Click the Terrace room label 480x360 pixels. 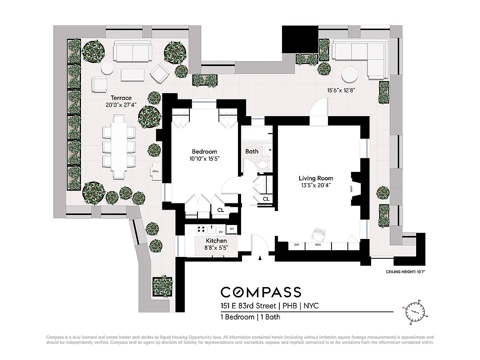click(x=121, y=98)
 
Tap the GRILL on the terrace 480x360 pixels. click(x=155, y=171)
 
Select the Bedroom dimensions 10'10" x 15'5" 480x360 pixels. click(x=204, y=159)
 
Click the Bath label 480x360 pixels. click(x=251, y=151)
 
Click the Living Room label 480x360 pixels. click(x=316, y=178)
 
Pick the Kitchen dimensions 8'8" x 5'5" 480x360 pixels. click(x=216, y=247)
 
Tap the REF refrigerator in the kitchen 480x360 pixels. click(x=232, y=229)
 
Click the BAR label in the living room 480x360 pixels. click(x=296, y=245)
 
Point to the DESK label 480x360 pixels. click(x=318, y=245)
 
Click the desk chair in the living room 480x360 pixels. click(x=319, y=234)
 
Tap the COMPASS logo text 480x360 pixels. click(x=260, y=292)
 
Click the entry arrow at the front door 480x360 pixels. click(x=260, y=258)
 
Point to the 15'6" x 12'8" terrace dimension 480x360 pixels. click(x=341, y=90)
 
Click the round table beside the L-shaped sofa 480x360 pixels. click(x=350, y=73)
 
